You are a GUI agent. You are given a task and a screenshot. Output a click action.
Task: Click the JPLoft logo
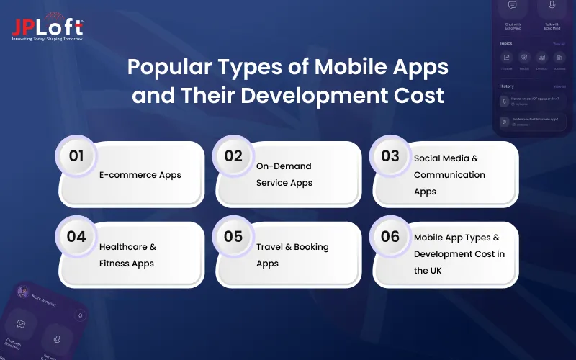tap(48, 29)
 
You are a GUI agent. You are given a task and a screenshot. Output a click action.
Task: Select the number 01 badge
tap(76, 156)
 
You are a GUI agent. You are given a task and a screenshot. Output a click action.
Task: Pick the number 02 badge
tap(233, 156)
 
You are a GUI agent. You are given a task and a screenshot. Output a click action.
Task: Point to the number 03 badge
tap(390, 156)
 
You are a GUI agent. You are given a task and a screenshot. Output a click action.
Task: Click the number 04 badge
tap(76, 237)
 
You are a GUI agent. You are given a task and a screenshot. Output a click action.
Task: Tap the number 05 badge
tap(233, 237)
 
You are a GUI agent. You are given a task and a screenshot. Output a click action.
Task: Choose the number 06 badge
tap(390, 237)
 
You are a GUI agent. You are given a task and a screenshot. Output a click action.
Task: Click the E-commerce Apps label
tap(140, 175)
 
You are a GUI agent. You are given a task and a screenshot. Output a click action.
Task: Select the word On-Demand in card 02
tap(284, 166)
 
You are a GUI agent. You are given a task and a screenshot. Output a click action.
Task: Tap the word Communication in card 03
tap(449, 175)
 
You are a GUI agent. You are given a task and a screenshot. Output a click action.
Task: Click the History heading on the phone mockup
tap(506, 86)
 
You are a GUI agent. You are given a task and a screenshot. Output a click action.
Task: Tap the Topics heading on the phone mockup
tap(506, 43)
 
